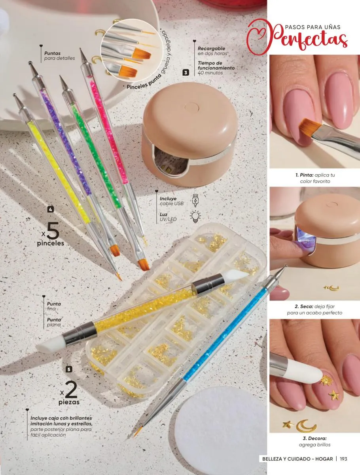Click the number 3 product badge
coord(186,72)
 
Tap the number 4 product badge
coord(51,209)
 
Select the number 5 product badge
coord(69,369)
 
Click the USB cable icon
coord(195,200)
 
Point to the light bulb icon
coord(195,217)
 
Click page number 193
coord(343,459)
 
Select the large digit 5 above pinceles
coord(53,231)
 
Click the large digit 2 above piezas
coord(71,390)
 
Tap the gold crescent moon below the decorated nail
coord(306,426)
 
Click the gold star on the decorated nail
coord(334,395)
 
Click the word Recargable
coord(211,48)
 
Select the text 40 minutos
coord(210,73)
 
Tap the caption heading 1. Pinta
coord(305,175)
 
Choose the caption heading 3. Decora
coord(315,439)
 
